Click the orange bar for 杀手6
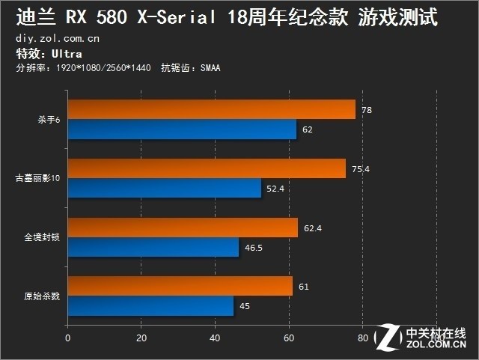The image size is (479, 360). pyautogui.click(x=212, y=110)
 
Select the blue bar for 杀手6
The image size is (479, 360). pyautogui.click(x=182, y=129)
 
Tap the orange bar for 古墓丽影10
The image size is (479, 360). pyautogui.click(x=207, y=169)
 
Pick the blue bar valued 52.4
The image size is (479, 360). pyautogui.click(x=165, y=189)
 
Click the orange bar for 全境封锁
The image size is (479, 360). pyautogui.click(x=183, y=228)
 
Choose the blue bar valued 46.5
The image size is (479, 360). pyautogui.click(x=153, y=247)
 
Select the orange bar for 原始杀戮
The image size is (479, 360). pyautogui.click(x=180, y=287)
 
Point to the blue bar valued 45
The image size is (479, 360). pyautogui.click(x=150, y=306)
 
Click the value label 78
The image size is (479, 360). pyautogui.click(x=366, y=110)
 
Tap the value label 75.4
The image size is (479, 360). pyautogui.click(x=361, y=169)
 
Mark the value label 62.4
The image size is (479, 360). pyautogui.click(x=313, y=228)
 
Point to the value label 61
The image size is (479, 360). pyautogui.click(x=303, y=287)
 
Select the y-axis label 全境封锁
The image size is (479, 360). pyautogui.click(x=42, y=237)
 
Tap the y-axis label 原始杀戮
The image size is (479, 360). pyautogui.click(x=42, y=296)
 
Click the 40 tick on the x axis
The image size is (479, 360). pyautogui.click(x=215, y=338)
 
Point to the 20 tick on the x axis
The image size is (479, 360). pyautogui.click(x=141, y=338)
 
